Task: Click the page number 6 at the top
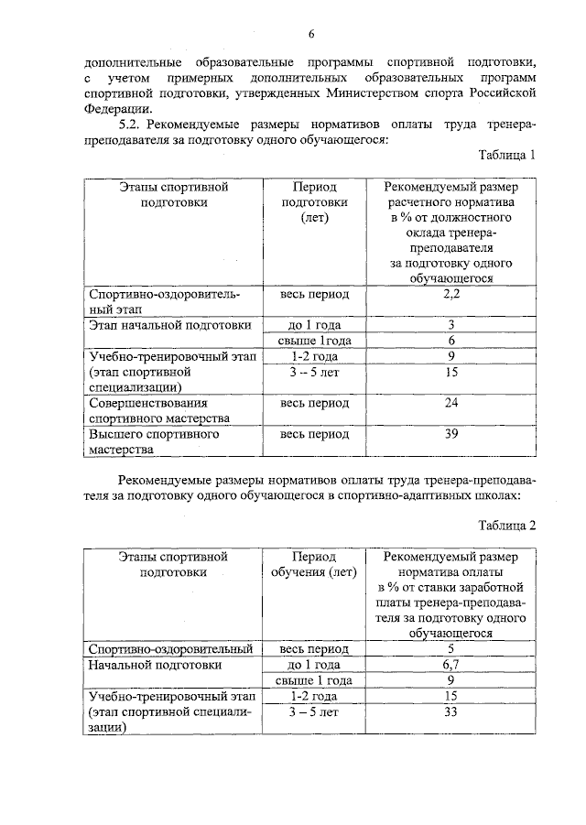311,34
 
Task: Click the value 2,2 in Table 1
450,295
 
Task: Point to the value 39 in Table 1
450,434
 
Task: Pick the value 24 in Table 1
450,403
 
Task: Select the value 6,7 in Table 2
450,665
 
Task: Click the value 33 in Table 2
450,713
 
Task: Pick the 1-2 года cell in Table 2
313,697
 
